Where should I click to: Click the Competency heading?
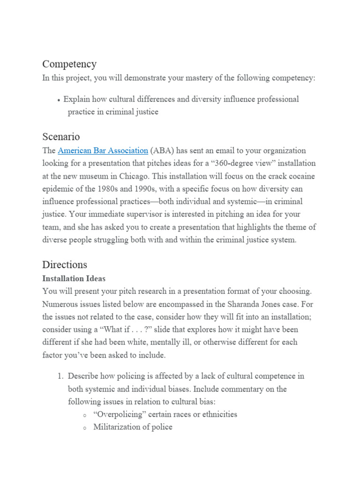click(x=69, y=64)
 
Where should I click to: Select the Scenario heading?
click(x=61, y=137)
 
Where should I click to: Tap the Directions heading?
click(x=65, y=264)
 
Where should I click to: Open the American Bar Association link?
click(x=103, y=151)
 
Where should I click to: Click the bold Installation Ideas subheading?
click(x=74, y=278)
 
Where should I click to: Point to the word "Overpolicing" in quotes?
click(x=119, y=414)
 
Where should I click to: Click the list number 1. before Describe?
click(x=60, y=376)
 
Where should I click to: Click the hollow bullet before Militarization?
click(x=84, y=427)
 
